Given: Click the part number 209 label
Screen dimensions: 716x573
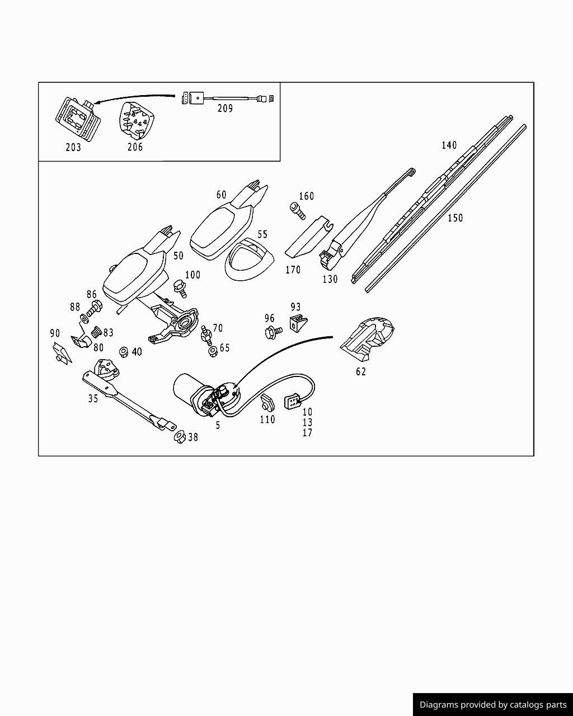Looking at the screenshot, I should click(225, 109).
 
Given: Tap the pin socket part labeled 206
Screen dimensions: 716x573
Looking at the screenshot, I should click(136, 120).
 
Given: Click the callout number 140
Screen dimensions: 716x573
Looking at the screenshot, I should click(449, 145).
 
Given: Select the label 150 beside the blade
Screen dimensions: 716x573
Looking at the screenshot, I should click(455, 218).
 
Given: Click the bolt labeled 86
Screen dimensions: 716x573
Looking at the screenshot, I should click(95, 307).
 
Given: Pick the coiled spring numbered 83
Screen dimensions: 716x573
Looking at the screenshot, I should click(96, 332).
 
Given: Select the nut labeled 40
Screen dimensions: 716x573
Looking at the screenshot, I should click(124, 352).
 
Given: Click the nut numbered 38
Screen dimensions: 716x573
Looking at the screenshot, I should click(180, 436).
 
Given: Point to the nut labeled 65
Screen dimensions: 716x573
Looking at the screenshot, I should click(213, 352).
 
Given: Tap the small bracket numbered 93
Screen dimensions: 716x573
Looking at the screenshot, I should click(297, 323).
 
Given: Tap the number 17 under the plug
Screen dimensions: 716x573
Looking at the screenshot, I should click(307, 433).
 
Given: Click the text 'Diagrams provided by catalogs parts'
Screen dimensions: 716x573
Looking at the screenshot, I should click(492, 705).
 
